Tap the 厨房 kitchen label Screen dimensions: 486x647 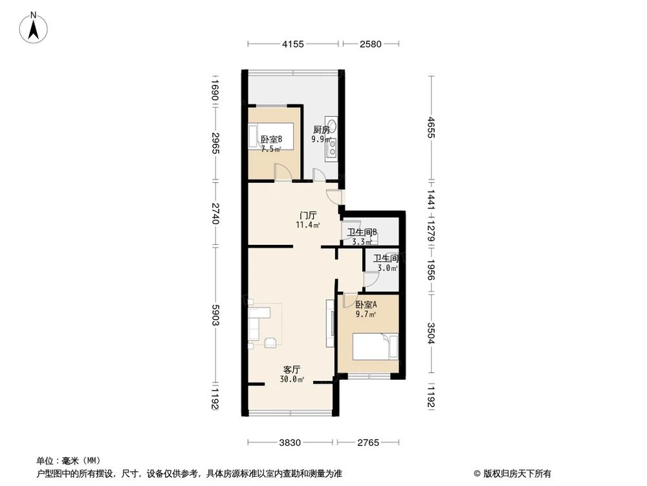click(x=322, y=129)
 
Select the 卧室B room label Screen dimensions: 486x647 click(x=271, y=139)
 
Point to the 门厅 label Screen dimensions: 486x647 click(x=308, y=215)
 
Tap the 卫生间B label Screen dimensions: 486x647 click(x=362, y=233)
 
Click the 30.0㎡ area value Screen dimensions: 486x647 click(x=292, y=379)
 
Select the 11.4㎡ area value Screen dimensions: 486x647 click(x=308, y=226)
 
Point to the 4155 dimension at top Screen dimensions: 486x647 click(x=292, y=44)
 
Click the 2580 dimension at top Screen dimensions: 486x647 click(x=371, y=44)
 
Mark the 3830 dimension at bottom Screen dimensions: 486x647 click(x=291, y=443)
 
